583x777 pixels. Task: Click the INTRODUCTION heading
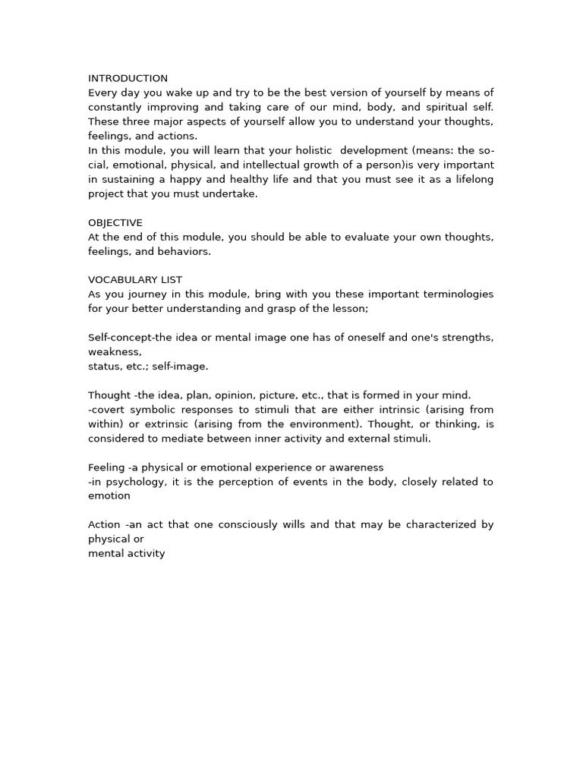(128, 78)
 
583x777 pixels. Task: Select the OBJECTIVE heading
(115, 222)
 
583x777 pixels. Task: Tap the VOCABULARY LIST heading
(135, 280)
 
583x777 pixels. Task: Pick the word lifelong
(471, 179)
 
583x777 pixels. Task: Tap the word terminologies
(454, 294)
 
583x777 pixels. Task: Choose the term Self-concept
(120, 338)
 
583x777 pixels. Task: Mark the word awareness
(356, 467)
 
